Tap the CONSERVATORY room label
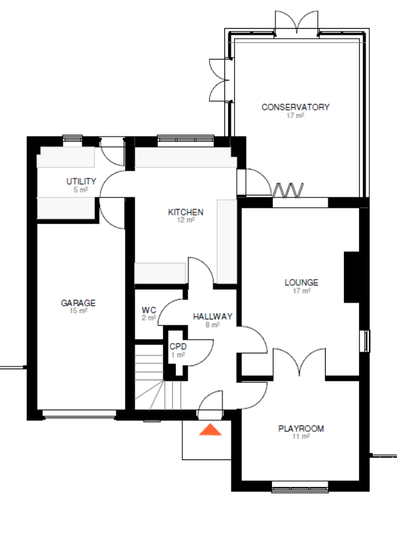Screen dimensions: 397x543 pos(296,107)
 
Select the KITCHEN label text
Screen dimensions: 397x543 pos(186,212)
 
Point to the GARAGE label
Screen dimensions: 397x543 pos(78,303)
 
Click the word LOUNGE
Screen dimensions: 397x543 pos(302,282)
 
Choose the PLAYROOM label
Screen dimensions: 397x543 pos(301,429)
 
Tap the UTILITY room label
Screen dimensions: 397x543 pos(81,182)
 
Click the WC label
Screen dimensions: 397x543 pos(148,310)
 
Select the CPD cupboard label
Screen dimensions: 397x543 pos(178,346)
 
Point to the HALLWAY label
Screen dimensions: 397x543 pos(213,316)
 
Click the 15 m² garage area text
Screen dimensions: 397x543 pos(78,311)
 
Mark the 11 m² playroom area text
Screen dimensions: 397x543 pos(301,436)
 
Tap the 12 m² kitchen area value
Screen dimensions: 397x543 pos(186,220)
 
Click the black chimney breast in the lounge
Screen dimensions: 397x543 pos(352,277)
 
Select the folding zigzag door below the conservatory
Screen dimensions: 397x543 pos(288,190)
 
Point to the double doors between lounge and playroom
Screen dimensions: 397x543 pos(300,361)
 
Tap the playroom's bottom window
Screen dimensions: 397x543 pos(300,487)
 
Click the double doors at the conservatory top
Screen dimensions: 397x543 pos(296,22)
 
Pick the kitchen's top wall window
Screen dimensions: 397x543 pos(186,139)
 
